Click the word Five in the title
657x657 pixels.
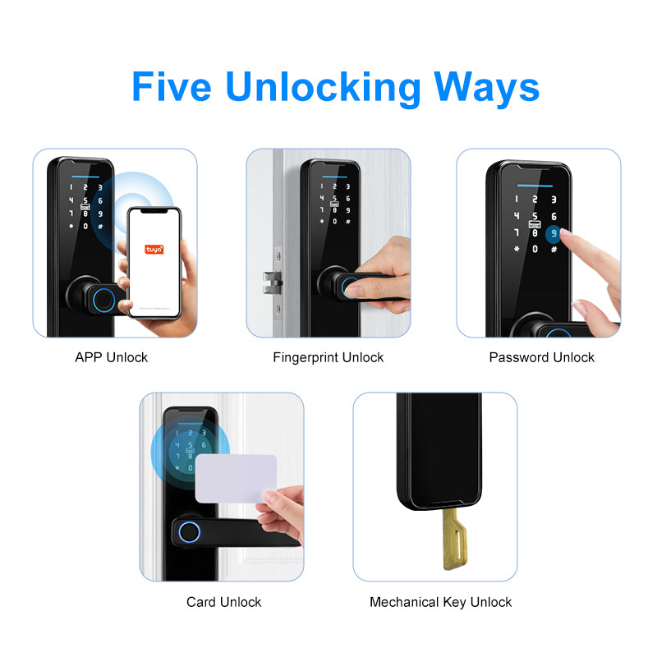pos(172,86)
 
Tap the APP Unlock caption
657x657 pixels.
pos(112,357)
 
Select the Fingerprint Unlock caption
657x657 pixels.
pos(328,357)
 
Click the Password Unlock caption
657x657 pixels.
pos(542,357)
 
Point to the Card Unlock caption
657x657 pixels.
pos(223,602)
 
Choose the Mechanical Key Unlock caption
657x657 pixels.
pos(440,602)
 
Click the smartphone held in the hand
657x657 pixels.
pos(154,263)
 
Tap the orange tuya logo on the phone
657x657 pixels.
pos(154,248)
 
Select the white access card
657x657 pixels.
pos(236,479)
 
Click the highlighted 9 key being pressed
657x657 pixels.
pos(555,233)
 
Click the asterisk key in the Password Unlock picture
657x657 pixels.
pos(517,250)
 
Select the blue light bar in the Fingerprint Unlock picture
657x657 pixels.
pos(329,174)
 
